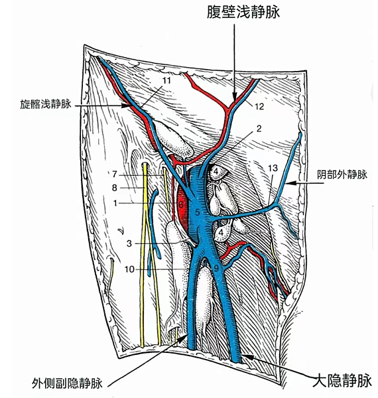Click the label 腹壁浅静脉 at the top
pos(243,12)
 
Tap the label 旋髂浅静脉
pos(46,104)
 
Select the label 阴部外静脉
pos(342,174)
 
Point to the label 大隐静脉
pos(342,380)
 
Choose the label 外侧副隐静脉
pos(67,383)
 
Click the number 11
pos(166,81)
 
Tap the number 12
pos(259,107)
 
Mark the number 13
pos(273,168)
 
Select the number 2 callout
pos(259,129)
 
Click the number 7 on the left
pos(115,174)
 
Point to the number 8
pos(115,188)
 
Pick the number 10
pos(129,269)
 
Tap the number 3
pos(129,243)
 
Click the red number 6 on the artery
pos(180,204)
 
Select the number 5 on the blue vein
pos(198,212)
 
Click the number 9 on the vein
pos(216,268)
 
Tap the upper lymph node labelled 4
pos(216,172)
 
